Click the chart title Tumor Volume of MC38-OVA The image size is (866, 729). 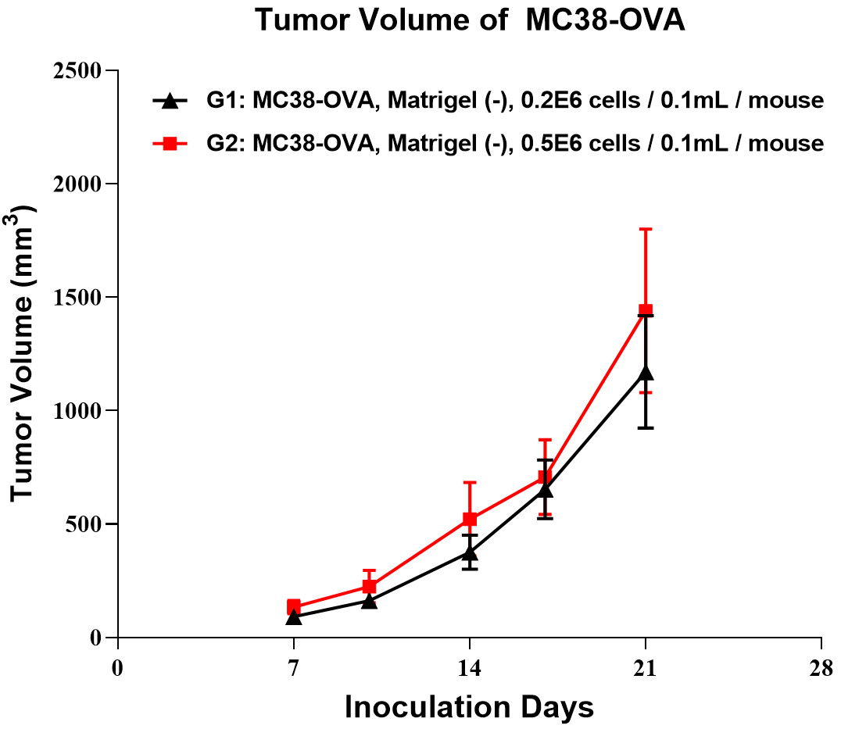click(x=470, y=21)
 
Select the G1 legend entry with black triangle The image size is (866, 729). click(x=488, y=101)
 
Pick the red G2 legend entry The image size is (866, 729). click(x=488, y=143)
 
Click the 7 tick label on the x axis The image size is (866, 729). click(x=294, y=669)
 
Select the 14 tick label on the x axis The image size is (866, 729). click(x=469, y=669)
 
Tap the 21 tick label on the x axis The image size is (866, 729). click(x=646, y=669)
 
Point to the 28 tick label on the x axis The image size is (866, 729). click(x=821, y=669)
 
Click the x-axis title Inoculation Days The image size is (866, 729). click(x=469, y=707)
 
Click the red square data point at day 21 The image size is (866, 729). click(x=646, y=311)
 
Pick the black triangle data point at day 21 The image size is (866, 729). click(x=646, y=373)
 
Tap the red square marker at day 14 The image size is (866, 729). click(x=470, y=520)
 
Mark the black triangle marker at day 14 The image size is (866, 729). click(x=470, y=553)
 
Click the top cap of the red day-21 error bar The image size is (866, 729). click(x=646, y=229)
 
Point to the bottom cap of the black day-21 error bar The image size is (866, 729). click(x=646, y=427)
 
